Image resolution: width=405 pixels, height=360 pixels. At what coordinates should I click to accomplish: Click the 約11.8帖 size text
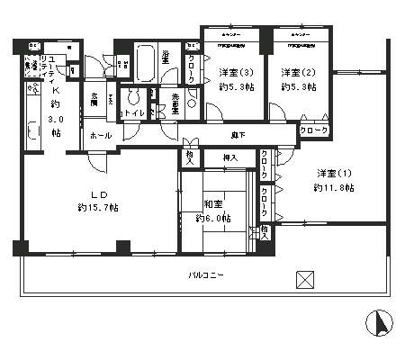point(334,188)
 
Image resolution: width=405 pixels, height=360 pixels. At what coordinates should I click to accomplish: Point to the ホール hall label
point(100,134)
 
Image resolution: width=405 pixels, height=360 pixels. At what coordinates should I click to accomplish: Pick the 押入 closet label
point(229,157)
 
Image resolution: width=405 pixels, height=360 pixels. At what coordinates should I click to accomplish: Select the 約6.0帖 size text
point(213,219)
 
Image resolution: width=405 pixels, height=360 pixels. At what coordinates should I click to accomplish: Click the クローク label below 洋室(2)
point(313,131)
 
